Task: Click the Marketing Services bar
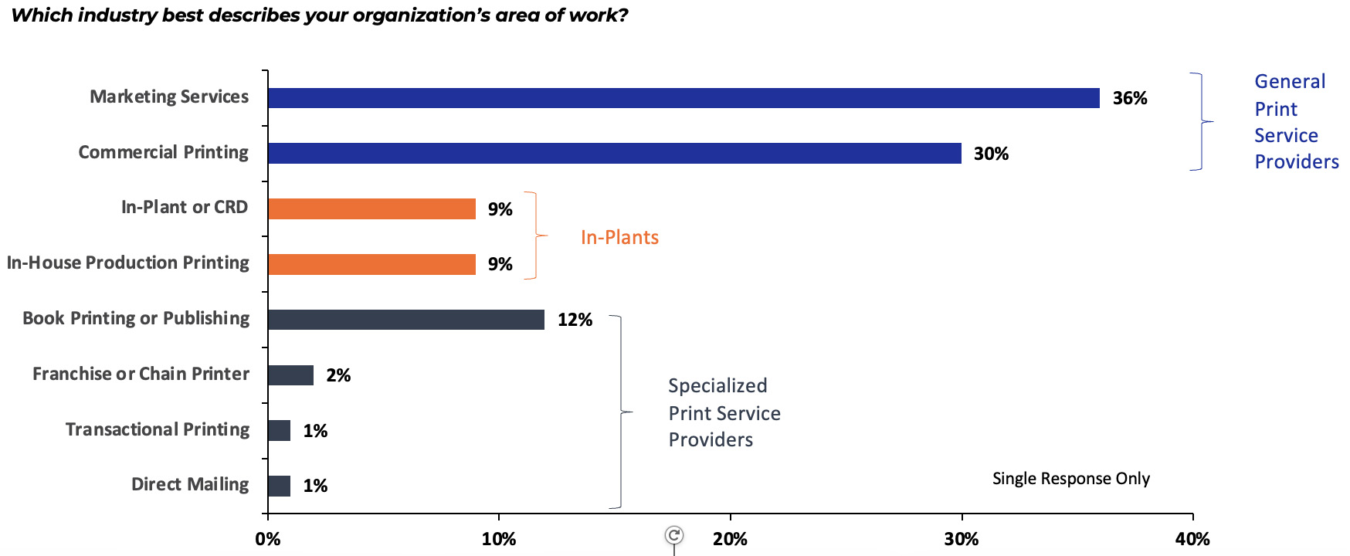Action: pos(683,98)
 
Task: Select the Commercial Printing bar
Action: pos(614,153)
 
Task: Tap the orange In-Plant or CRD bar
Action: pos(371,208)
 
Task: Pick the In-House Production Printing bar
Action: pos(371,264)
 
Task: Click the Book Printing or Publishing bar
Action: pos(406,320)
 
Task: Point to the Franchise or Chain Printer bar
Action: pos(290,375)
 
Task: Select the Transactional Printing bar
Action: pos(279,430)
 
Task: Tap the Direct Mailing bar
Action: pos(279,486)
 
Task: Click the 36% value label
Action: pos(1129,98)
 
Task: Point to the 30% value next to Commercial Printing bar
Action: pos(991,154)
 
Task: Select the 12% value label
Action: pos(575,320)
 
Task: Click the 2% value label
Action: pos(338,375)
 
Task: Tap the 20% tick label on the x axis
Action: pos(730,539)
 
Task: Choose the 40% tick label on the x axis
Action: pos(1192,539)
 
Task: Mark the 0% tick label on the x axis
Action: pos(268,539)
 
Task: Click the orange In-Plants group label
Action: pos(619,237)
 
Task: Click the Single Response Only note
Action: pos(1070,479)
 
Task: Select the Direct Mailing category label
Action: pos(190,484)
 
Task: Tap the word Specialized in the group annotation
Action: pos(717,385)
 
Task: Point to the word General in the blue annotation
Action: pos(1290,81)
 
